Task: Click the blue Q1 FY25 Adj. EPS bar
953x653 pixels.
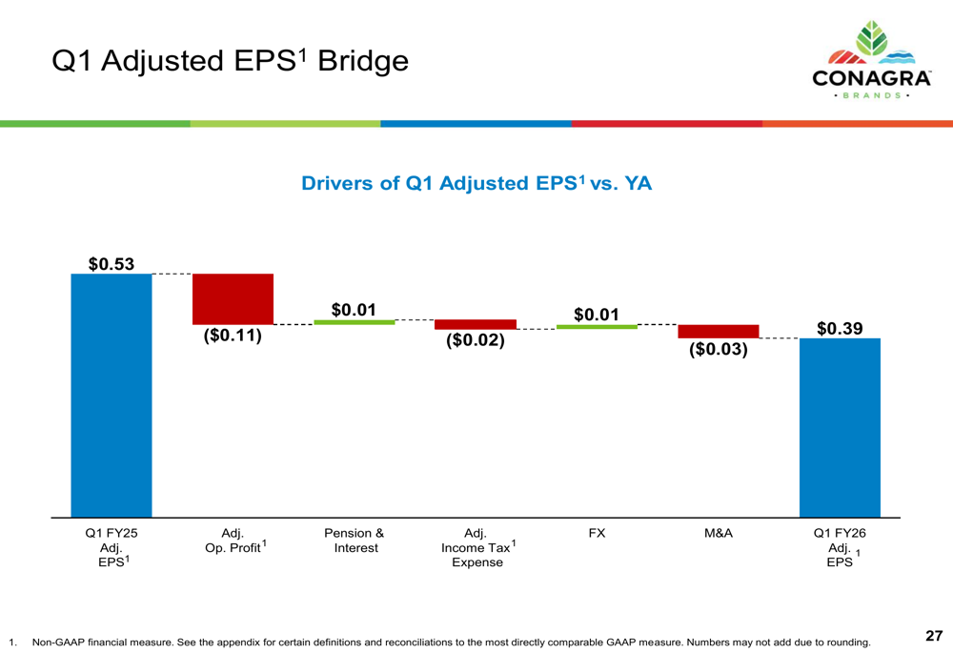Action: point(112,395)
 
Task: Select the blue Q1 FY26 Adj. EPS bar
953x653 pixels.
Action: point(840,427)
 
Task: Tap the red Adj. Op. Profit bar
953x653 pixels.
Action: point(233,299)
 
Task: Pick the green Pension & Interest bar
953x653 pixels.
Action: point(355,322)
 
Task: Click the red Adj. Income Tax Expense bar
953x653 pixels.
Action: point(476,324)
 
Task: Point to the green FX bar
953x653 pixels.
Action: point(597,327)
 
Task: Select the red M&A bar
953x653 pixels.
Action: point(719,331)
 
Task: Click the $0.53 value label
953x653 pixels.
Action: point(112,263)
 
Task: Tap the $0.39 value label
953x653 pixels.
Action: point(840,328)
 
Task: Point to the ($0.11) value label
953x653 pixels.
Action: point(233,336)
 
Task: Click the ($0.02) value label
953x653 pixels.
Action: point(476,339)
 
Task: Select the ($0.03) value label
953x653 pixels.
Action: point(719,349)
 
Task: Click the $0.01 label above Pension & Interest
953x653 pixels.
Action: point(355,310)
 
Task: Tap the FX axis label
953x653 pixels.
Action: point(597,534)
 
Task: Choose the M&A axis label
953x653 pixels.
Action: point(719,534)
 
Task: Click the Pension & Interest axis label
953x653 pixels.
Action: point(355,541)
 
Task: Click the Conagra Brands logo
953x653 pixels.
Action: point(871,62)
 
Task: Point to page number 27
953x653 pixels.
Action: point(933,635)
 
